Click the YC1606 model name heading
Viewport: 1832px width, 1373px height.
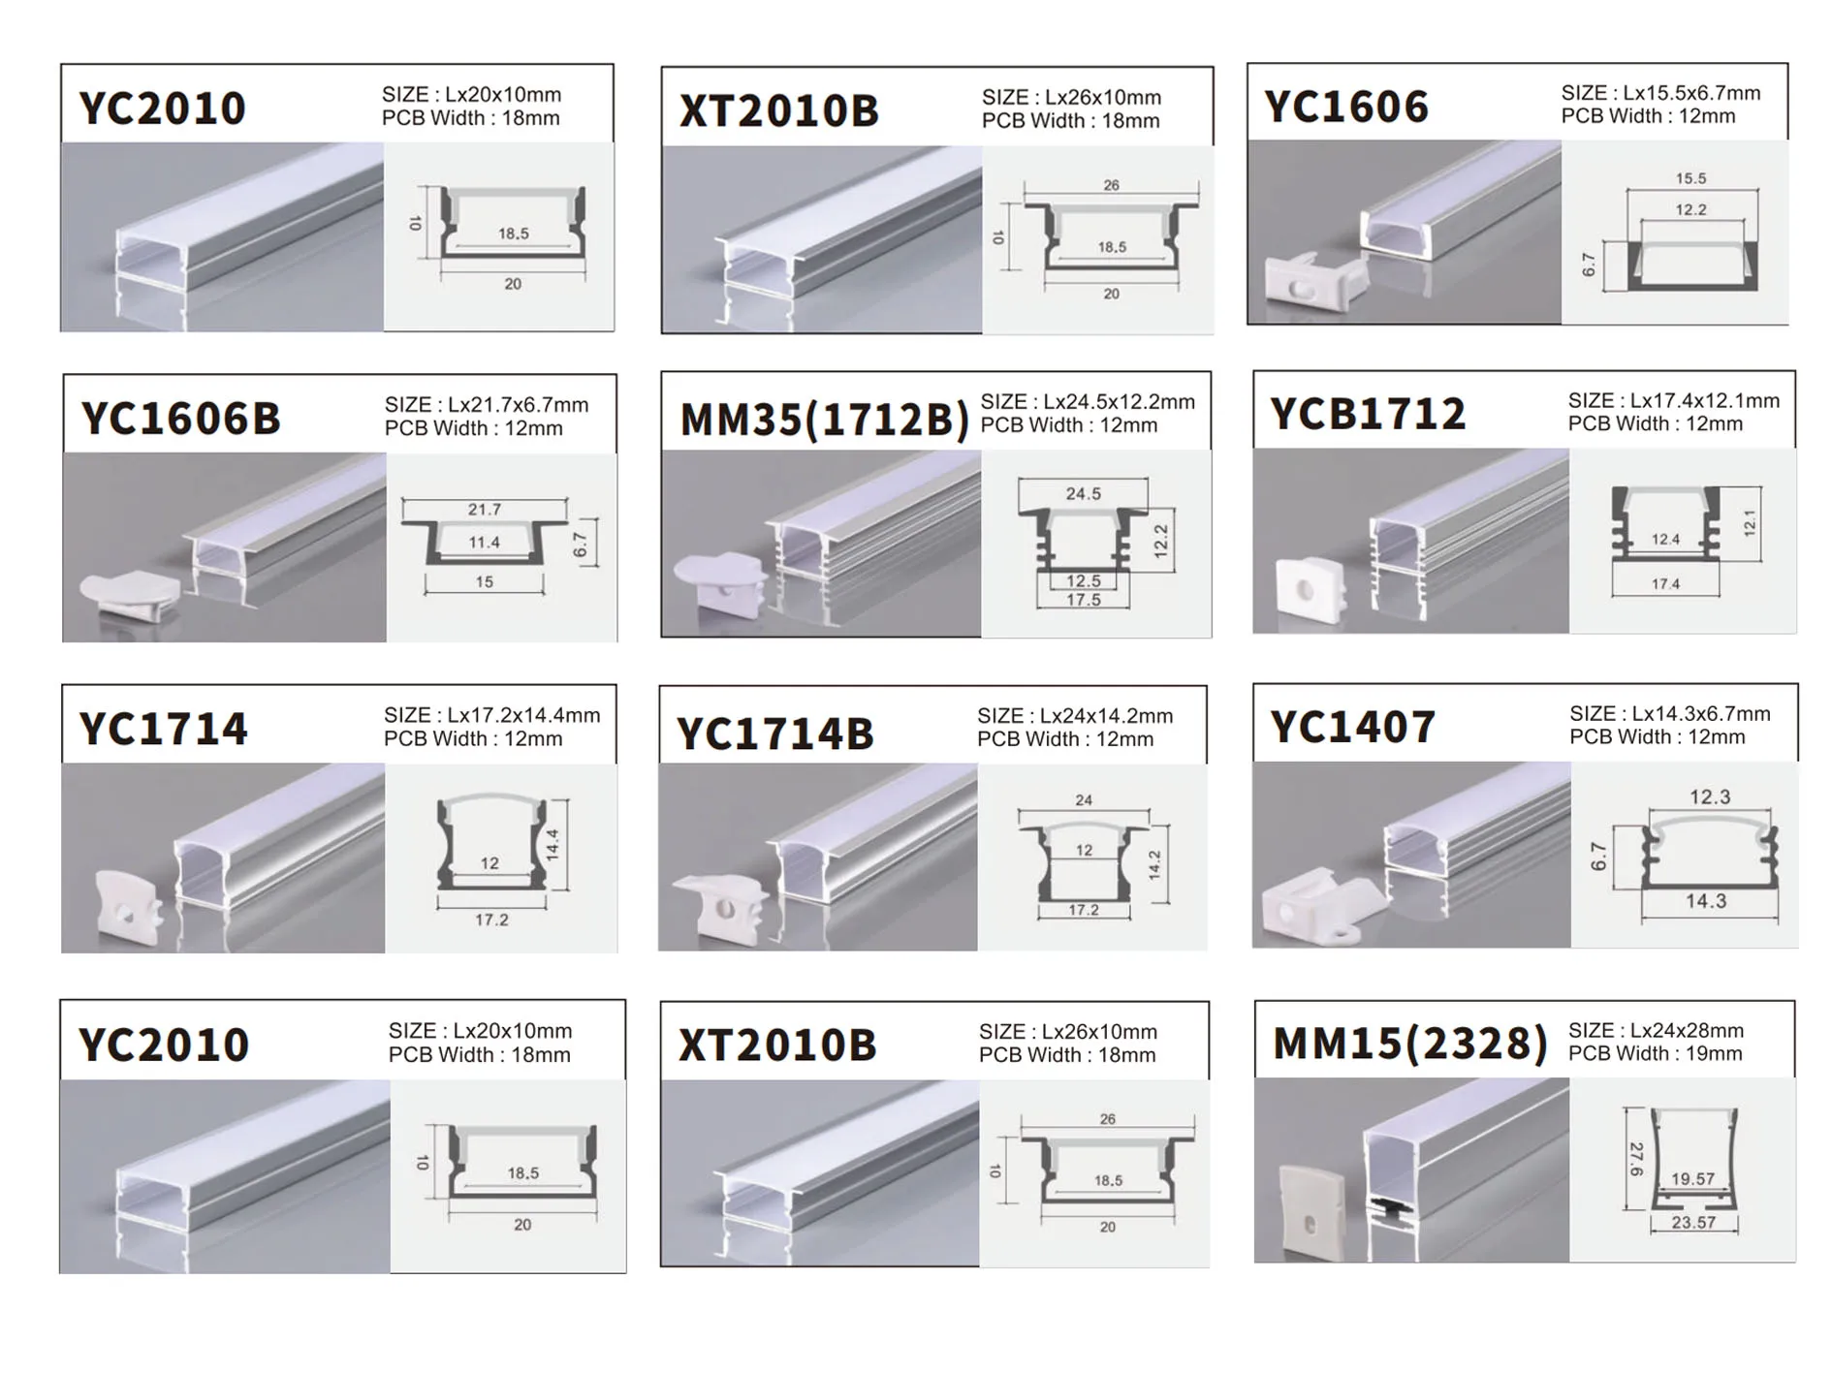[x=1346, y=107]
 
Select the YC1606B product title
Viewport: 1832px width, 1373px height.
[x=181, y=419]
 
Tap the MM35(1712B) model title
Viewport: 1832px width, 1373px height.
[x=824, y=420]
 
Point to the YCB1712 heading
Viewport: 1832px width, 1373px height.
[x=1368, y=414]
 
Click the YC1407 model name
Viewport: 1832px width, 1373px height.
[x=1352, y=727]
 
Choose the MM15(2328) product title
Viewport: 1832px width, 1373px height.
[x=1409, y=1044]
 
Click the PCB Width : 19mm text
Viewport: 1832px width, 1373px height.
[x=1655, y=1054]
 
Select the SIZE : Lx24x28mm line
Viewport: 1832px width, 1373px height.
[x=1655, y=1030]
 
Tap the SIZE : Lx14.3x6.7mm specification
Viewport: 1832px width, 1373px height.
[x=1669, y=714]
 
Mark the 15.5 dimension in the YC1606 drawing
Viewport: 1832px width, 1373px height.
[x=1690, y=178]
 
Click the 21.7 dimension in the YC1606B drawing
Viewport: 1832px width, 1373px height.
[x=484, y=510]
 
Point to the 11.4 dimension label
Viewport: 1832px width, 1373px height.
[x=484, y=543]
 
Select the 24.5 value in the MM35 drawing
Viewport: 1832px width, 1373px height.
[x=1083, y=494]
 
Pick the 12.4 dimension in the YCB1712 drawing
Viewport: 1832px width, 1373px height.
[x=1665, y=540]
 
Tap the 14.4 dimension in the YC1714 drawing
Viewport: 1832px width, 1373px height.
[x=553, y=845]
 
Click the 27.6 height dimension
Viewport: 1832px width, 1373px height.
[x=1636, y=1159]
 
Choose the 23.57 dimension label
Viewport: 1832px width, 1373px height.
[x=1693, y=1223]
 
